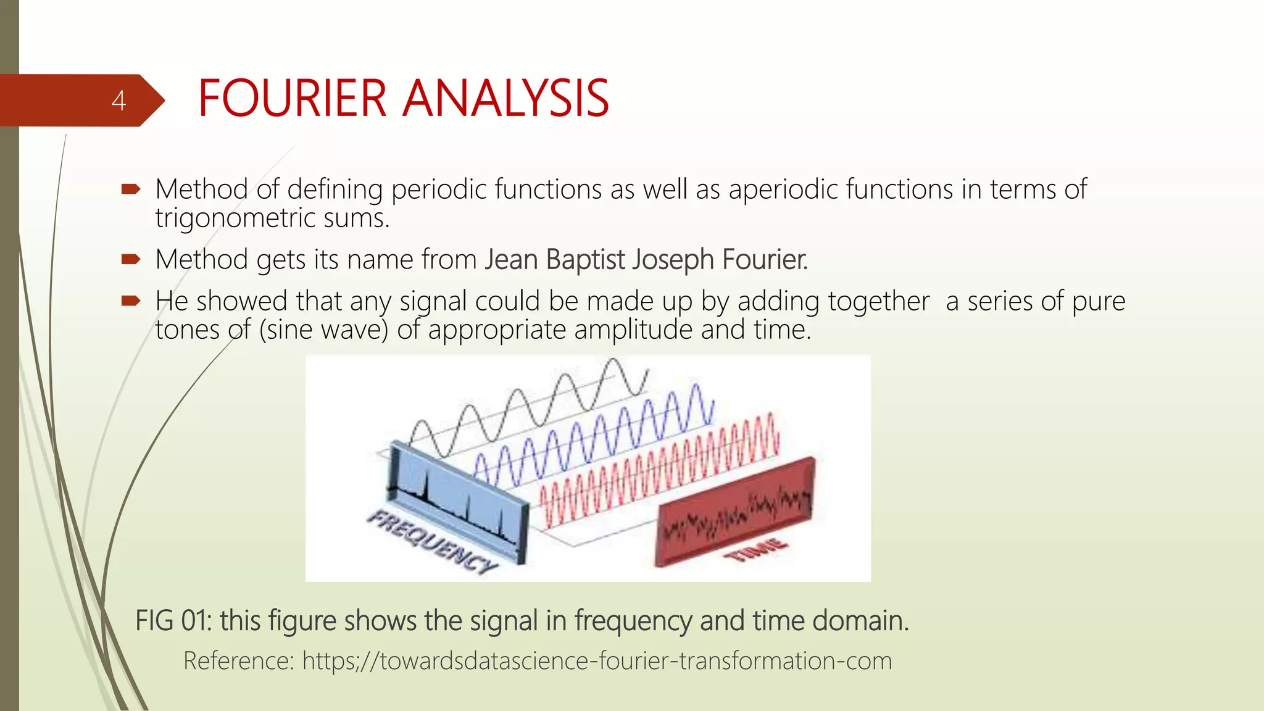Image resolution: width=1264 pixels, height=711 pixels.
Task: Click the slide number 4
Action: click(118, 101)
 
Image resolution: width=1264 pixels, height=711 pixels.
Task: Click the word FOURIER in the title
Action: click(291, 99)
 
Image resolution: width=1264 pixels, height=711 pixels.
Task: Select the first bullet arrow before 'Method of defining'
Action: click(131, 189)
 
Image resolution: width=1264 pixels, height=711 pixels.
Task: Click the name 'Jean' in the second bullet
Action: click(510, 259)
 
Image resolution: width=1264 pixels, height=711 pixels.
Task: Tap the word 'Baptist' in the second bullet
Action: click(585, 259)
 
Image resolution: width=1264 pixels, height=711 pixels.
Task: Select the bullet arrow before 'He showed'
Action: click(131, 301)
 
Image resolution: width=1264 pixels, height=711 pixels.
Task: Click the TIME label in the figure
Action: click(757, 549)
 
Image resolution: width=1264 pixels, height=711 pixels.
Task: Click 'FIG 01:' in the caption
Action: click(173, 620)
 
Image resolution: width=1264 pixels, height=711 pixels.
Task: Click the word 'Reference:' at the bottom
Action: click(238, 661)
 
